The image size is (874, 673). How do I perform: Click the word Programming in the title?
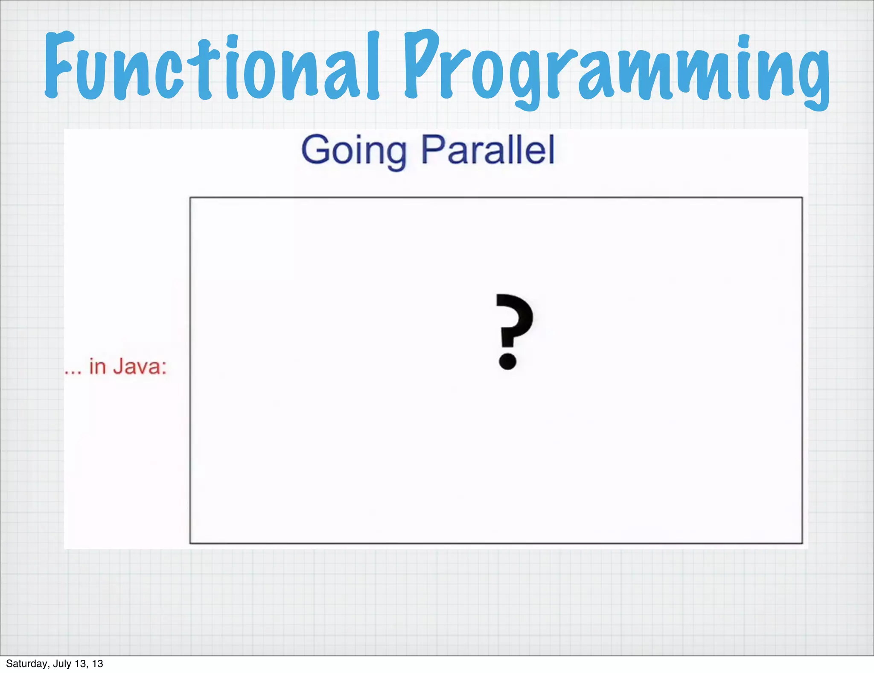tap(617, 68)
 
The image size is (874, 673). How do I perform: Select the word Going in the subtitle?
tap(354, 150)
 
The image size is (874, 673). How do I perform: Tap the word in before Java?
tap(97, 366)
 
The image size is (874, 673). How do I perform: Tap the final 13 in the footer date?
tap(98, 664)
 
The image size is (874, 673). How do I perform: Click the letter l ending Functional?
tap(373, 66)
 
